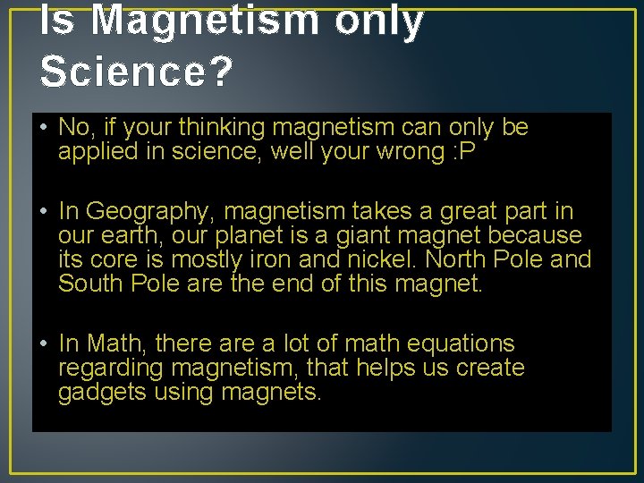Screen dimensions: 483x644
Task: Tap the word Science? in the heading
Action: pos(136,72)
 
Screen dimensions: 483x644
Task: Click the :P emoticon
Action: pos(465,152)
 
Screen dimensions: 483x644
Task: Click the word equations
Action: pos(461,343)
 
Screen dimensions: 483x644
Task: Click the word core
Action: pos(107,260)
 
